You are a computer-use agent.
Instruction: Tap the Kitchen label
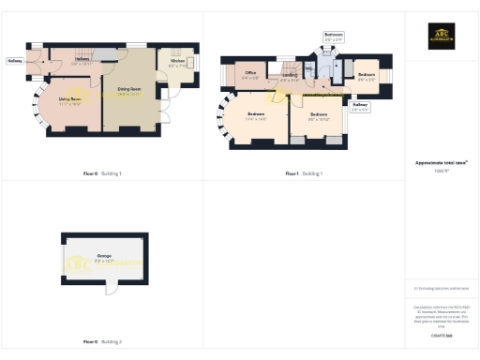[x=177, y=64]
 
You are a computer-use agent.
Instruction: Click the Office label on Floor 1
[x=251, y=74]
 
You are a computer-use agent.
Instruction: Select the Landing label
[x=290, y=78]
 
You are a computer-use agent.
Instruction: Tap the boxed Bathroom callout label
[x=335, y=38]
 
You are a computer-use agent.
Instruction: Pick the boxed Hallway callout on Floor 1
[x=360, y=108]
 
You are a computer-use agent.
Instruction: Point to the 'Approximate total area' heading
[x=441, y=162]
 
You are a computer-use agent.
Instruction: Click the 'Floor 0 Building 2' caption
[x=102, y=342]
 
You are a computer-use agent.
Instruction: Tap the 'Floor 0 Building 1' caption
[x=102, y=173]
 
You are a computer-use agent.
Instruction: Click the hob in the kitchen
[x=190, y=64]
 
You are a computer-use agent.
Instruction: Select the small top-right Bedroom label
[x=367, y=76]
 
